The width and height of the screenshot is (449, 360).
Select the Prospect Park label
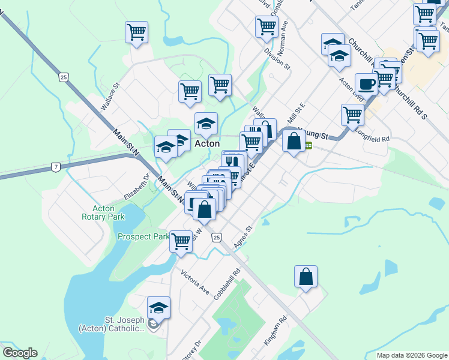(143, 236)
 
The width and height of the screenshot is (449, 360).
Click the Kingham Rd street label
(277, 332)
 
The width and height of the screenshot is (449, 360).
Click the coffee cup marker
(366, 83)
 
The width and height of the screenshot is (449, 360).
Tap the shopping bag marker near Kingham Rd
(306, 277)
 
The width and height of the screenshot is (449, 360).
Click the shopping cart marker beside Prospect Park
(180, 241)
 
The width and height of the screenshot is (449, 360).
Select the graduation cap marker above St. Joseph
(158, 308)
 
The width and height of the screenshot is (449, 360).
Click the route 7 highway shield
(55, 166)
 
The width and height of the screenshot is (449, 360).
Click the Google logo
(20, 353)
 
